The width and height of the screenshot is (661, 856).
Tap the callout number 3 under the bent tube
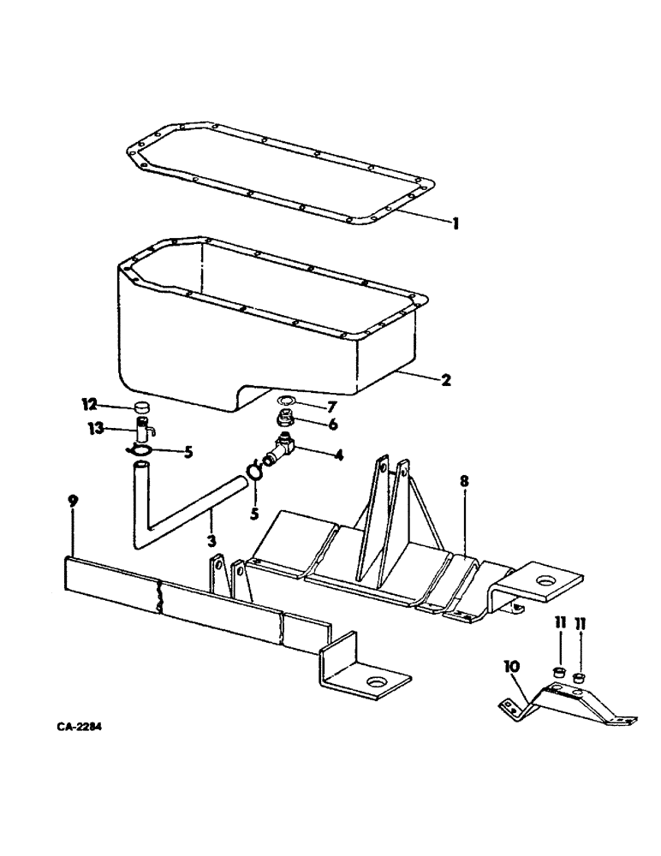[211, 541]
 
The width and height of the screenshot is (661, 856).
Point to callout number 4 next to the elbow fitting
[339, 455]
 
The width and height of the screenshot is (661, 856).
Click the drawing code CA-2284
[83, 728]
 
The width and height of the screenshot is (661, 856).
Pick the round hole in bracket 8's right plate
[546, 582]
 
